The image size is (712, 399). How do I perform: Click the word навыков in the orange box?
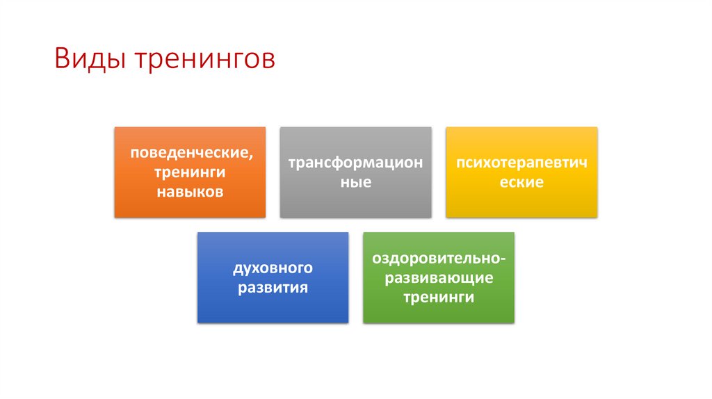point(190,191)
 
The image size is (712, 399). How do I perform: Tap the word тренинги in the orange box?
point(190,172)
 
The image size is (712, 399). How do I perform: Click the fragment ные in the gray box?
point(355,182)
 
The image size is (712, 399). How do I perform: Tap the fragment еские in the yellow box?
point(521,182)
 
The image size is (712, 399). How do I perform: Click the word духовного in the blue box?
point(273,268)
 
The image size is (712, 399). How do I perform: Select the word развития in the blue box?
point(273,287)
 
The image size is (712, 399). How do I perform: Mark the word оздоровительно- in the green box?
point(439,259)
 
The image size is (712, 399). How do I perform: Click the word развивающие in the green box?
point(439,278)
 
